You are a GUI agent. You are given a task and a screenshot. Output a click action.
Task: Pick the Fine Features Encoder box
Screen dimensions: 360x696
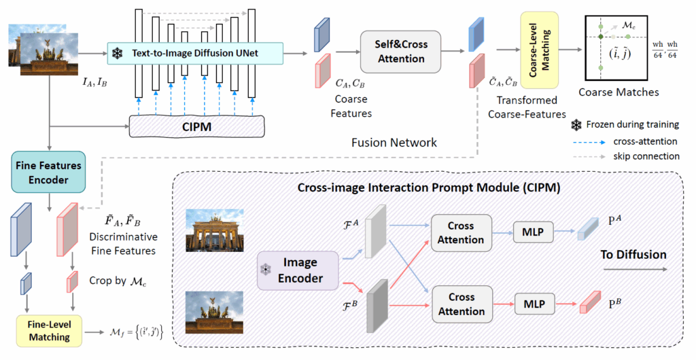[x=47, y=171]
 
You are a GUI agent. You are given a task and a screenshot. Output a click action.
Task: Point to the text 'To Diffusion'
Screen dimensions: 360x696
[x=633, y=255]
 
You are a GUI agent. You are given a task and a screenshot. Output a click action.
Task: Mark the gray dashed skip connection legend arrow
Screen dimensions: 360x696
[x=599, y=156]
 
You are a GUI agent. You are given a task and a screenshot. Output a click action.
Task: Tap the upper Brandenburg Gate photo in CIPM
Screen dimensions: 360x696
[x=214, y=229]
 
